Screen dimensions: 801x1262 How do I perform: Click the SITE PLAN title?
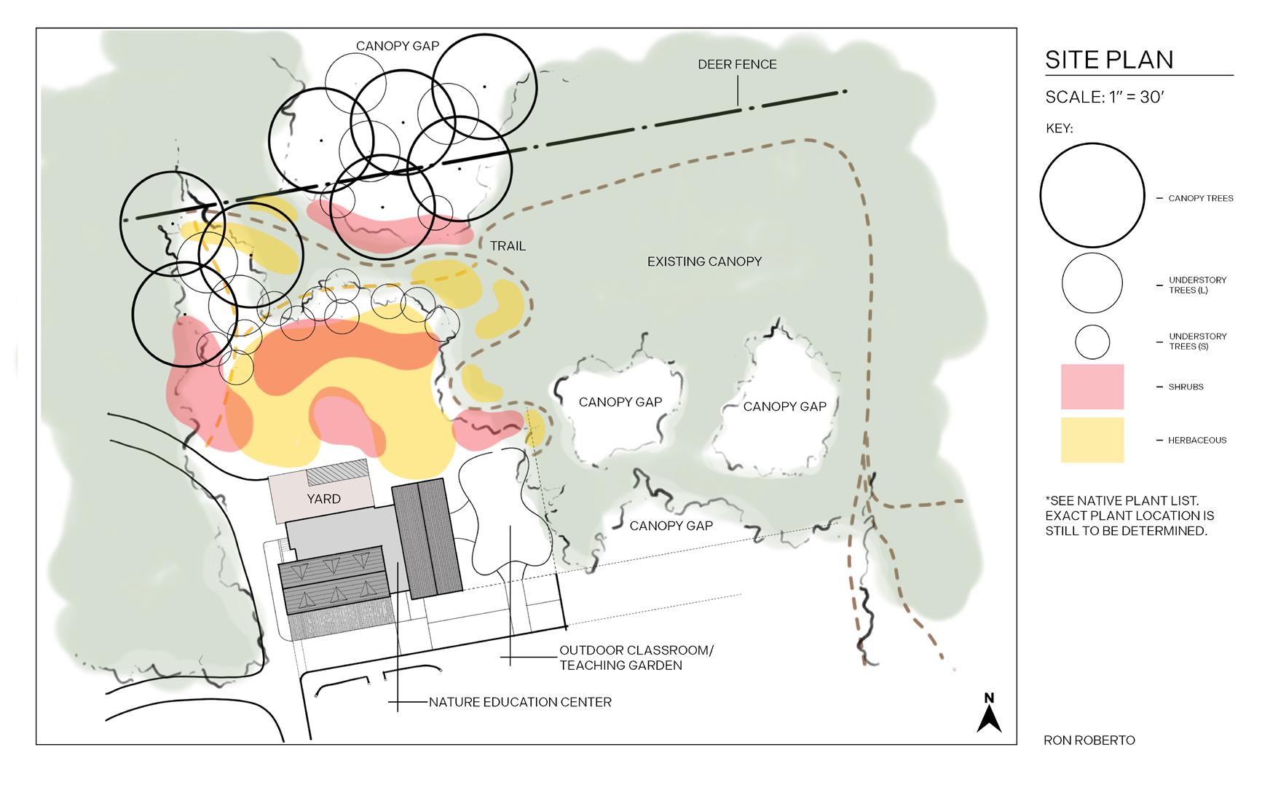(x=1108, y=60)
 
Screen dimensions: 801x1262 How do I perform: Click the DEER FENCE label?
(x=737, y=65)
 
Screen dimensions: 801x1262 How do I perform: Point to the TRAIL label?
(x=508, y=246)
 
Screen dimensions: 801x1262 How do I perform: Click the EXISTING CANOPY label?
(x=704, y=261)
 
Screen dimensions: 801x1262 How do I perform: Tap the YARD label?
(x=323, y=499)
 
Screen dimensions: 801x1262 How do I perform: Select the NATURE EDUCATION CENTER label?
(x=520, y=703)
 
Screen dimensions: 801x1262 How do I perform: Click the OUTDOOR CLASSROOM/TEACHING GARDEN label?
(x=636, y=658)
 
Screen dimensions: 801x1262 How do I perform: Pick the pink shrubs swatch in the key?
(x=1092, y=387)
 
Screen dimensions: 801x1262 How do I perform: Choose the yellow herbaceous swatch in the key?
(x=1092, y=440)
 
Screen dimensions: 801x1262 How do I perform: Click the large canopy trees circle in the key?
(x=1092, y=195)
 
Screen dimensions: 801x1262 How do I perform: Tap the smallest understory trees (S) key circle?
(x=1092, y=342)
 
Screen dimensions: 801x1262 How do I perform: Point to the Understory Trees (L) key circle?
(x=1092, y=283)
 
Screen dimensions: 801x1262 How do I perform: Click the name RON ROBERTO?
(x=1089, y=741)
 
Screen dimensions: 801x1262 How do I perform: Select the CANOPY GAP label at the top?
(x=397, y=46)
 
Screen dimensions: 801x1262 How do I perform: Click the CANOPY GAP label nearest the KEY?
(x=784, y=406)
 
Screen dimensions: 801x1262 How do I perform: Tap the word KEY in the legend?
(x=1059, y=129)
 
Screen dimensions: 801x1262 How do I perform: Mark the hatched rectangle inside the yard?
(x=338, y=476)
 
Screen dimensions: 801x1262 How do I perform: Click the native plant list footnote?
(x=1129, y=516)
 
